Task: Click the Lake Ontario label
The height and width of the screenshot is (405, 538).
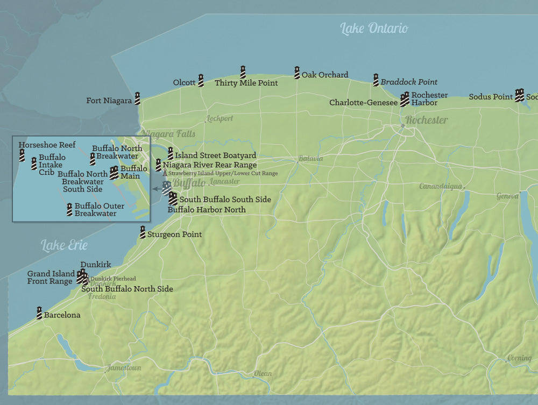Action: (x=374, y=29)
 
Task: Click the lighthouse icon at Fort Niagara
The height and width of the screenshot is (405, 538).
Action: (x=137, y=98)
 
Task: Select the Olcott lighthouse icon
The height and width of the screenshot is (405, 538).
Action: (x=201, y=81)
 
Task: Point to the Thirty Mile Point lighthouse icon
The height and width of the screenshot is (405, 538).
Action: (x=243, y=72)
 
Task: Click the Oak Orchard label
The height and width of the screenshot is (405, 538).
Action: (x=324, y=75)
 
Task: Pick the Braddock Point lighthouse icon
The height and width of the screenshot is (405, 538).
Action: (x=376, y=80)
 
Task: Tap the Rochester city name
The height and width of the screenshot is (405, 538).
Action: (x=426, y=120)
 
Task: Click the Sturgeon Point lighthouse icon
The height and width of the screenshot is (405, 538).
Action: (x=143, y=232)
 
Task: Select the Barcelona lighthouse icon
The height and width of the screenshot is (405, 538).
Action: (x=39, y=312)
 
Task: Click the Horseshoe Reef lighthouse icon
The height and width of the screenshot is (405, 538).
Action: (x=22, y=155)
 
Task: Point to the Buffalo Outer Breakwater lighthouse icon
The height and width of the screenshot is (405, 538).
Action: (x=69, y=209)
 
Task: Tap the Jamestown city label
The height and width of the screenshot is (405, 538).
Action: (x=124, y=368)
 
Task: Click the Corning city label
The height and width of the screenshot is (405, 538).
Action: (x=519, y=358)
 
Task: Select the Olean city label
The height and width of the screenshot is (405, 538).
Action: (x=263, y=373)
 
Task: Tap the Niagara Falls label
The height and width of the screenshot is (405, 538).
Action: (x=168, y=134)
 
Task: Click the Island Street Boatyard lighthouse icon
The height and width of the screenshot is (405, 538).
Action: (x=171, y=153)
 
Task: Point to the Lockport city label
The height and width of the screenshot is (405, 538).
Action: (x=220, y=118)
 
